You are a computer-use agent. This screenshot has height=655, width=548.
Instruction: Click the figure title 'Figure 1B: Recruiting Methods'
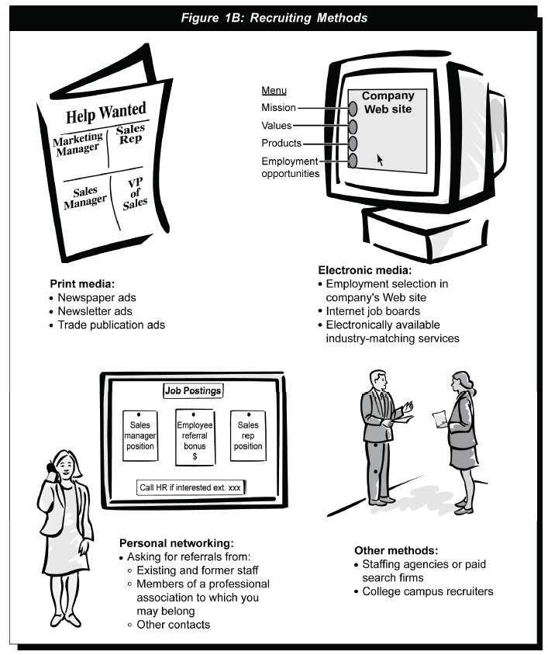[274, 18]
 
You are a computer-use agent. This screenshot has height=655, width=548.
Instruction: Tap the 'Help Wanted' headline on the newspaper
[106, 113]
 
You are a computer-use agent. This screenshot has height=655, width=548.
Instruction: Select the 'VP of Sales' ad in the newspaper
[135, 194]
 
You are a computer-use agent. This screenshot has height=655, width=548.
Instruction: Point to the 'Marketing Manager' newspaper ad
[78, 144]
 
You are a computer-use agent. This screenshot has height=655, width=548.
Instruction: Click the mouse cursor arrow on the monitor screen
[380, 160]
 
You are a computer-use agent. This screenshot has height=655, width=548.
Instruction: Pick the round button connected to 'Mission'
[353, 109]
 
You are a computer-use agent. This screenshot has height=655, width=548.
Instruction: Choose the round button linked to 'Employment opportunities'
[353, 161]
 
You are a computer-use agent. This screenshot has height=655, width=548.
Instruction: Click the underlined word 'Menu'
[274, 90]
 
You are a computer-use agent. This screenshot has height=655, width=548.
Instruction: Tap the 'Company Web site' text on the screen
[388, 102]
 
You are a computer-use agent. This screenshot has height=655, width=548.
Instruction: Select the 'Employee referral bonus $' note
[195, 438]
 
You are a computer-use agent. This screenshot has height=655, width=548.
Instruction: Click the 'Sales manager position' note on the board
[140, 435]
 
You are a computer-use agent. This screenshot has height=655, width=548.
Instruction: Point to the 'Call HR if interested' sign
[191, 487]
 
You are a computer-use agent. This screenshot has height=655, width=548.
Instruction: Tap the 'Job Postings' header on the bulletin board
[193, 390]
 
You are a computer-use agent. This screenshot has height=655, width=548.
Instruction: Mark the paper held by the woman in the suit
[439, 419]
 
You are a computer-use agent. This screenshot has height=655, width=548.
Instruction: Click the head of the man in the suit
[378, 379]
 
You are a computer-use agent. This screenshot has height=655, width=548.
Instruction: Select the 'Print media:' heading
[82, 284]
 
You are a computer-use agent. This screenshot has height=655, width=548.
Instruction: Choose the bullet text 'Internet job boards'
[373, 311]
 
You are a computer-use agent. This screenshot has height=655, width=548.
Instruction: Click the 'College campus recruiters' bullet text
[427, 591]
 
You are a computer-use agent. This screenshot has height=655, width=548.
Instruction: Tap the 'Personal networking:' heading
[177, 543]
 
